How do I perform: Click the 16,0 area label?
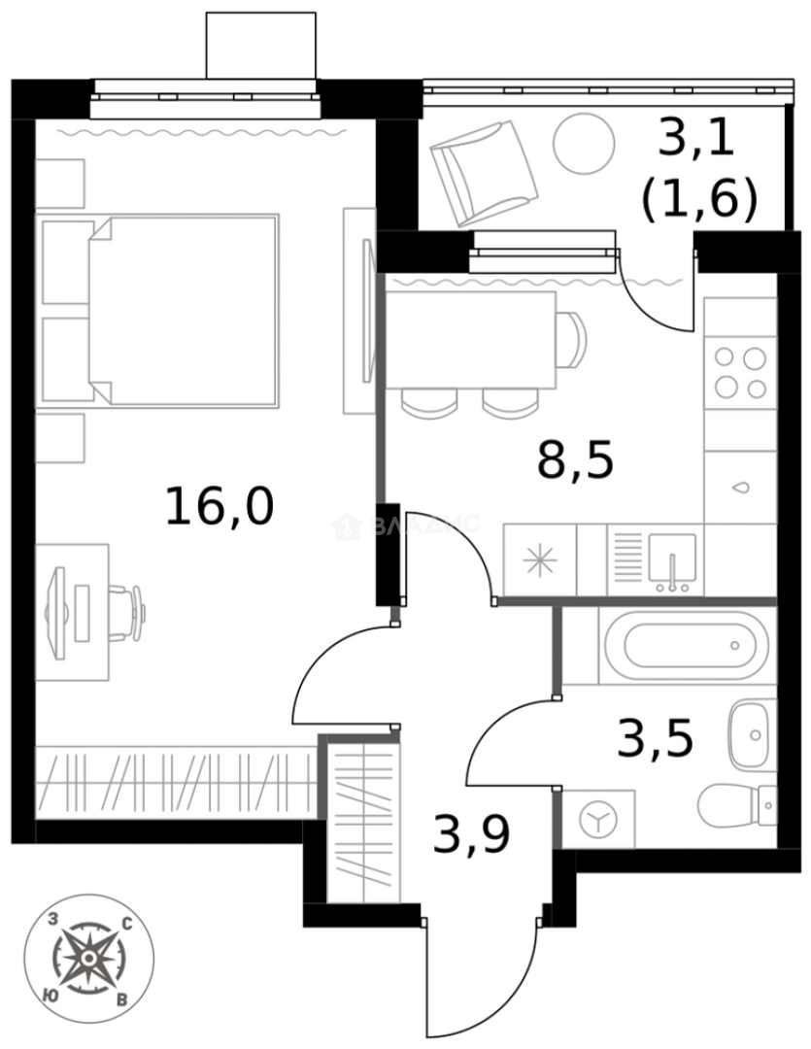pyautogui.click(x=220, y=506)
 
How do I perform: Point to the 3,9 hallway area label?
pyautogui.click(x=471, y=833)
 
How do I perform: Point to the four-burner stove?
pyautogui.click(x=740, y=373)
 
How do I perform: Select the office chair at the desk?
pyautogui.click(x=126, y=611)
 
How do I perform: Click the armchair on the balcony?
pyautogui.click(x=483, y=172)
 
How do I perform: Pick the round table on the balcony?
pyautogui.click(x=584, y=144)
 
